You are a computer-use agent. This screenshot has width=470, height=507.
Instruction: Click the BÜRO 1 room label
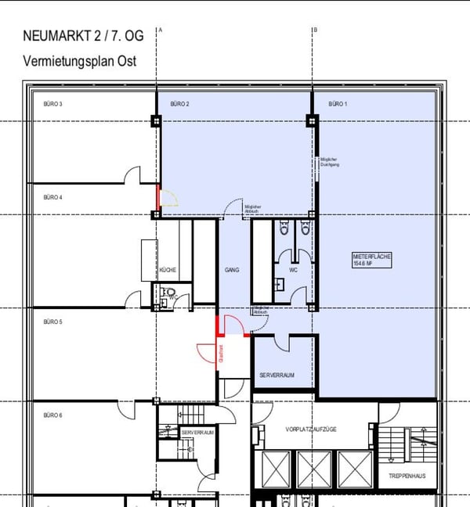pyautogui.click(x=337, y=103)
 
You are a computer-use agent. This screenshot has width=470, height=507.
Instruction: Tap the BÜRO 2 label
pyautogui.click(x=180, y=103)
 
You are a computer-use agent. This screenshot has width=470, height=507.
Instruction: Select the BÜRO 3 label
pyautogui.click(x=52, y=103)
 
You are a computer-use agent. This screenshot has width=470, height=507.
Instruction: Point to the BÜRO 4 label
pyautogui.click(x=52, y=197)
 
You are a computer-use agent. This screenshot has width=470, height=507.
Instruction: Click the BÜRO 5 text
pyautogui.click(x=52, y=322)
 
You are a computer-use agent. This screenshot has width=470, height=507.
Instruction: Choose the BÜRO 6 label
pyautogui.click(x=52, y=415)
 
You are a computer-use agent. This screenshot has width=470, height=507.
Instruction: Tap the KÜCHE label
pyautogui.click(x=168, y=270)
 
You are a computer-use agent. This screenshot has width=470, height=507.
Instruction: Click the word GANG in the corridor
pyautogui.click(x=231, y=270)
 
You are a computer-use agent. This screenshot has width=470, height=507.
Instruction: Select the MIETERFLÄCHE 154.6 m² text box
pyautogui.click(x=371, y=261)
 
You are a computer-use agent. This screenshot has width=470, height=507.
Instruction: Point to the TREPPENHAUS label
pyautogui.click(x=407, y=476)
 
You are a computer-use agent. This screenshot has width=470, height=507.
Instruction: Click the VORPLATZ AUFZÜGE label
pyautogui.click(x=312, y=430)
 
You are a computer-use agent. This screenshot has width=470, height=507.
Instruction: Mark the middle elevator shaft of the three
pyautogui.click(x=312, y=469)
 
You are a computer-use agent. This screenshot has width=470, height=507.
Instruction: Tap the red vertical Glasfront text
pyautogui.click(x=222, y=354)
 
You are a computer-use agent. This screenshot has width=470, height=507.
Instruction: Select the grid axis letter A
pyautogui.click(x=160, y=30)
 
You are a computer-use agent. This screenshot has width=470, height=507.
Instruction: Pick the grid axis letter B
pyautogui.click(x=315, y=30)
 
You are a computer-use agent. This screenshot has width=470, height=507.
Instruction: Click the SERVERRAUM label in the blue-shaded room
pyautogui.click(x=277, y=376)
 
